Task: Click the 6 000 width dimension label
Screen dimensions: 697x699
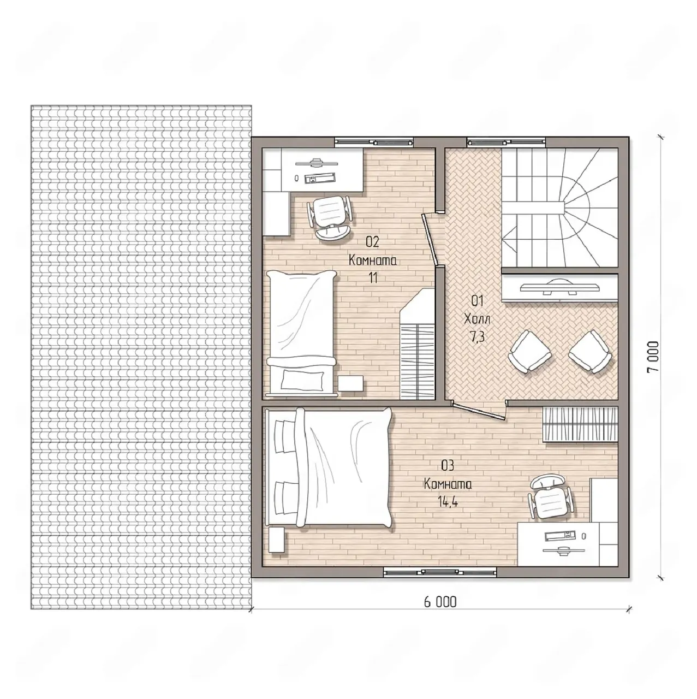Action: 440,602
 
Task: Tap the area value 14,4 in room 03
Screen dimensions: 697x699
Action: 448,502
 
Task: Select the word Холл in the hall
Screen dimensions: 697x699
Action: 477,319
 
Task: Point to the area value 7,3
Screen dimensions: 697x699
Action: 477,337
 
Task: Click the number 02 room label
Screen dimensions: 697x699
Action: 372,242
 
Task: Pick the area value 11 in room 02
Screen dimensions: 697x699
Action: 373,278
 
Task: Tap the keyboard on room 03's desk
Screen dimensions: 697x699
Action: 560,534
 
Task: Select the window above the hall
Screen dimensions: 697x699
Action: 507,141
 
